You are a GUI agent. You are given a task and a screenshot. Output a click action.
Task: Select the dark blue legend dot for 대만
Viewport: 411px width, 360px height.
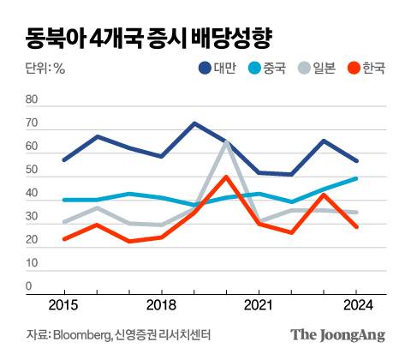point(205,69)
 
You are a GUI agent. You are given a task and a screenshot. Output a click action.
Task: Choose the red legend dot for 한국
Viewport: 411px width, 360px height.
point(355,69)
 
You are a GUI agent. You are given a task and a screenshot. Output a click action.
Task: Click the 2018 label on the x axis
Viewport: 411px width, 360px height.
point(161,304)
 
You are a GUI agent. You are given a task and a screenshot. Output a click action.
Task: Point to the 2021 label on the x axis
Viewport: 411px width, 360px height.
point(258,304)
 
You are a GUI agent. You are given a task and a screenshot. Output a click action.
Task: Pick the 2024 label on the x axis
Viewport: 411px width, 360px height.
point(356,304)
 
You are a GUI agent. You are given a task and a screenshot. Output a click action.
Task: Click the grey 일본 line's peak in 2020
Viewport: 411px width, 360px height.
point(226,141)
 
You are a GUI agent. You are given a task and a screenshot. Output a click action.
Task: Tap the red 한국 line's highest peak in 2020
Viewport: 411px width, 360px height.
point(225,177)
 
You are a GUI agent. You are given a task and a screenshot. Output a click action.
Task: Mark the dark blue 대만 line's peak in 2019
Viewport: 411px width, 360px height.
point(194,123)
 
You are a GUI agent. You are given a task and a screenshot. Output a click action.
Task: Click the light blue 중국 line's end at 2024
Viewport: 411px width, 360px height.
point(356,178)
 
